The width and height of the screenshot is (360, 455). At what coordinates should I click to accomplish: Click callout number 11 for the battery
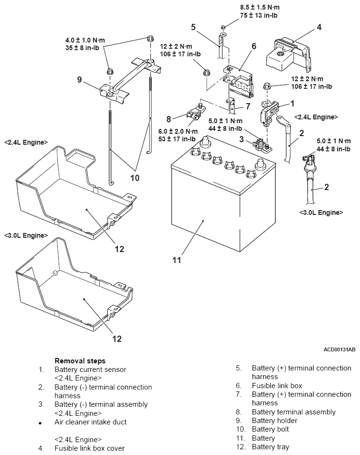176,260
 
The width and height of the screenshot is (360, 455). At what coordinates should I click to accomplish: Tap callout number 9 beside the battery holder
79,79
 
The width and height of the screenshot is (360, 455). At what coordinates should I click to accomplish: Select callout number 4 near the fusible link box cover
319,27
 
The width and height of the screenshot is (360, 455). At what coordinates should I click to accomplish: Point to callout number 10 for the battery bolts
135,178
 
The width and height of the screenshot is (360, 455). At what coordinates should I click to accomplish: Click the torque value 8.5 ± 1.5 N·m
260,8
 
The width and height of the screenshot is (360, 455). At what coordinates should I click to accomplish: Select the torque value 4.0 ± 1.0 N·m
85,40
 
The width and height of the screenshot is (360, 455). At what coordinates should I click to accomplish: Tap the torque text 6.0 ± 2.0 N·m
178,131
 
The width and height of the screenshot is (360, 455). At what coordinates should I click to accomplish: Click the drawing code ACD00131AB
339,349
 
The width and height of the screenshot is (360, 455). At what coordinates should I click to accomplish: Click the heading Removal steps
80,361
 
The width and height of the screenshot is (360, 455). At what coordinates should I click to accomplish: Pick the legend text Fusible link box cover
90,448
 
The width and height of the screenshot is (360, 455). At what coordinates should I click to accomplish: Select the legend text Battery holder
275,421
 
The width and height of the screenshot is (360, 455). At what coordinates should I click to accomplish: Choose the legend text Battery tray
271,447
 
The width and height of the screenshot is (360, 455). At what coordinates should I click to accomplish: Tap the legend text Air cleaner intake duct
91,422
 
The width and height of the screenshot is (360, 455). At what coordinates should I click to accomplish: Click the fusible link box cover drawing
289,55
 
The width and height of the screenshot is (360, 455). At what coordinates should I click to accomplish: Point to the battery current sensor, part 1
269,114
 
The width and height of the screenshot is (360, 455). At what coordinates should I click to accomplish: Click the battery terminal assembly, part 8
195,113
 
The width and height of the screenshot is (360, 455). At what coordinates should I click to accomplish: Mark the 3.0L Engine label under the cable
321,213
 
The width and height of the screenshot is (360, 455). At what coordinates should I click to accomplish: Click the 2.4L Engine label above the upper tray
26,142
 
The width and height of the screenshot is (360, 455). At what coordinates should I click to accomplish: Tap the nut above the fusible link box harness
223,27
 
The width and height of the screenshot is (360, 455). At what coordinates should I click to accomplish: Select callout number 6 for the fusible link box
254,46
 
